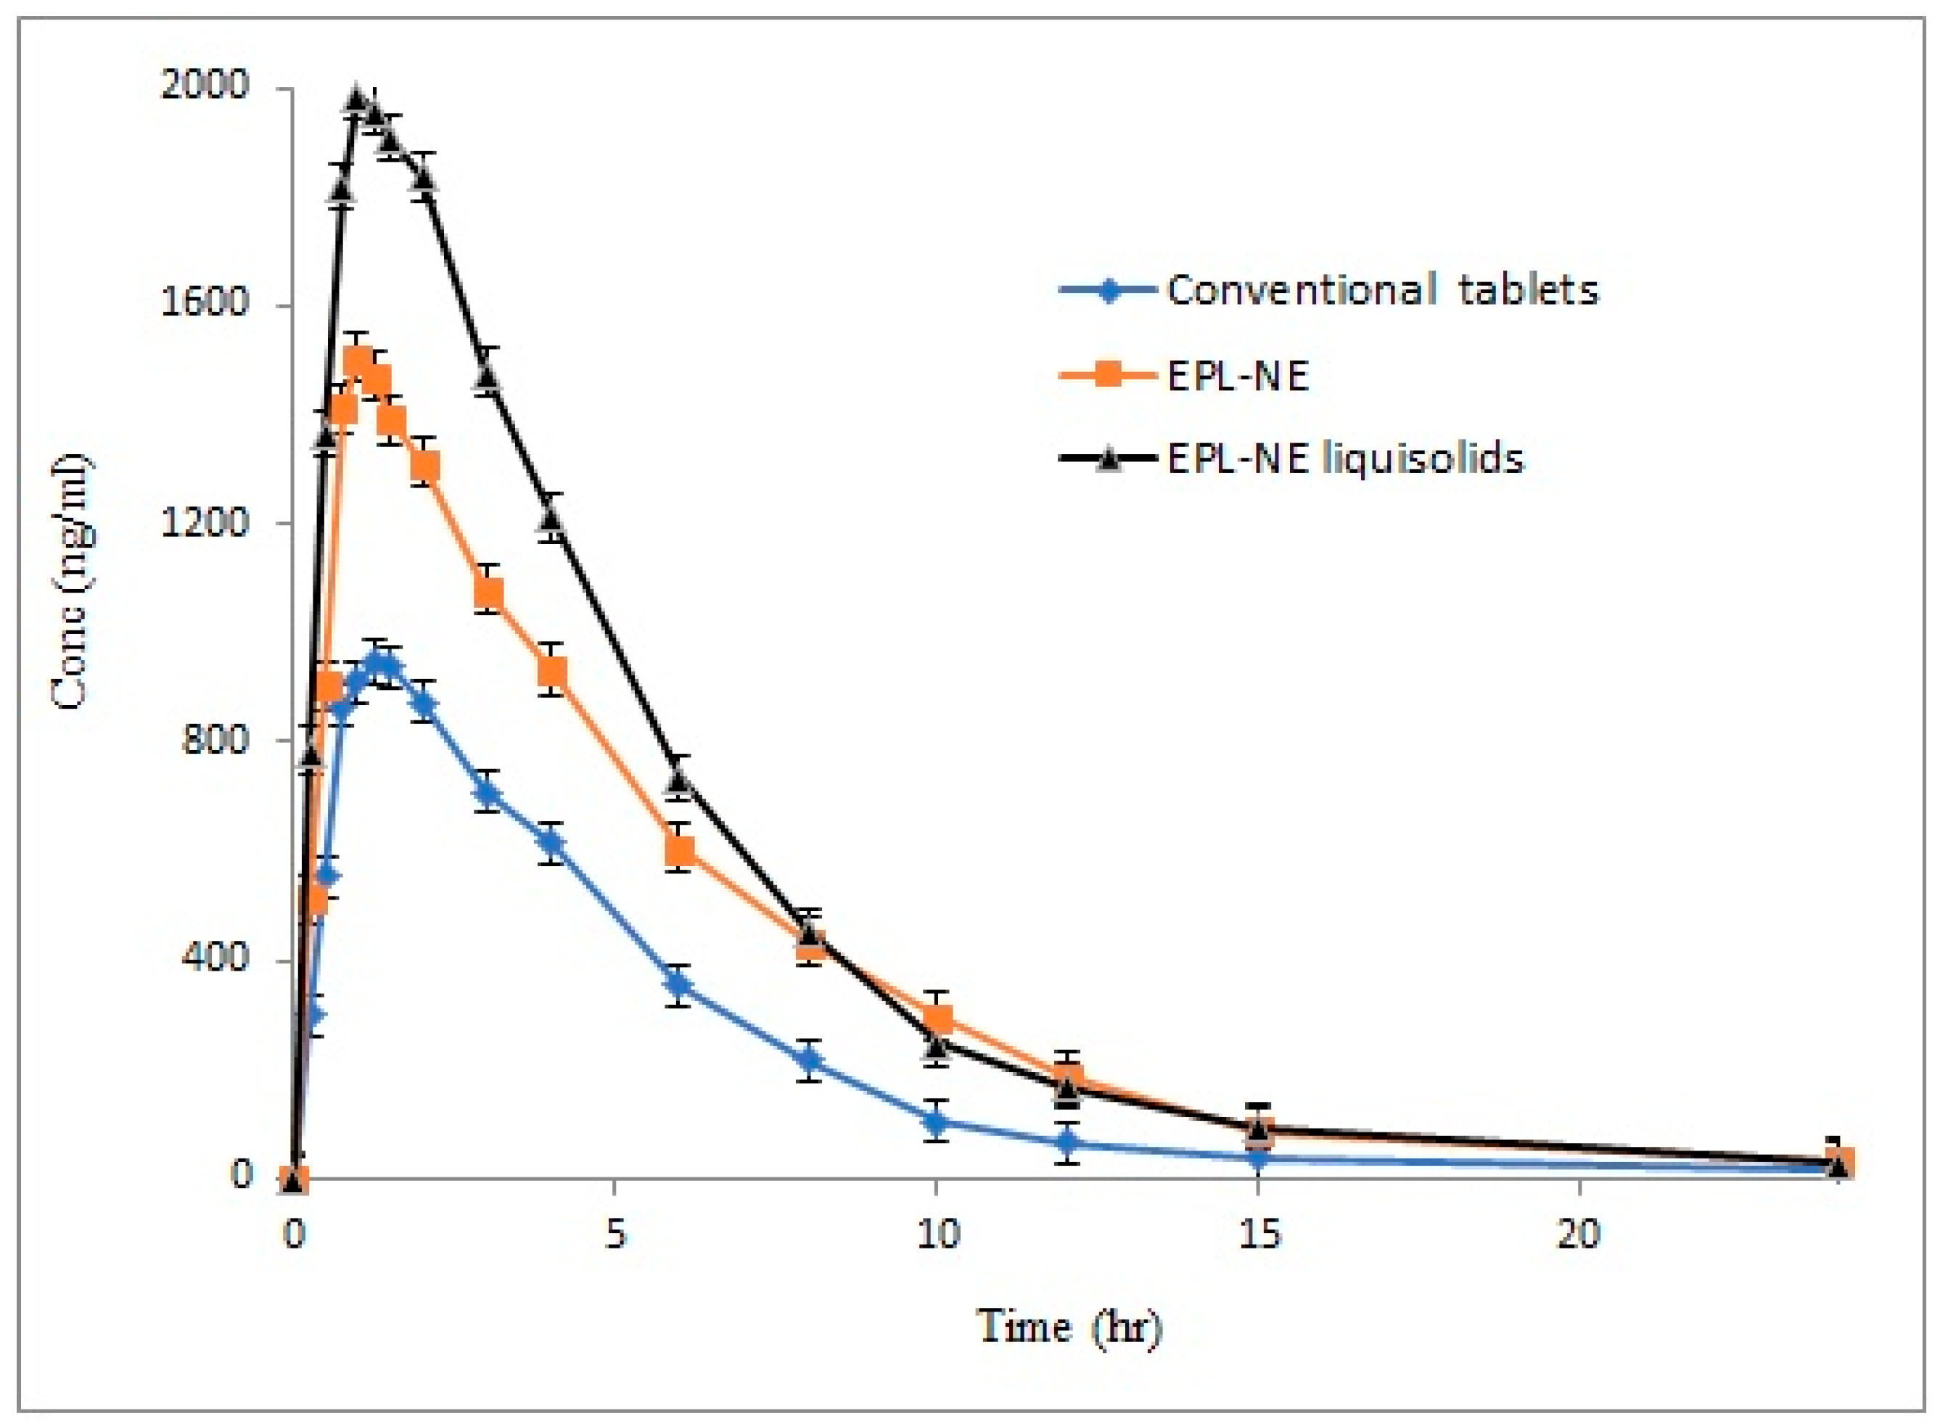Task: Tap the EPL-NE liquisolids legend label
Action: click(1345, 458)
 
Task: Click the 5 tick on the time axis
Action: click(614, 1235)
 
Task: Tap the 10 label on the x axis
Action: click(936, 1235)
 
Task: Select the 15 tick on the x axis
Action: click(1257, 1235)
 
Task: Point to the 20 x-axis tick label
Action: click(1579, 1235)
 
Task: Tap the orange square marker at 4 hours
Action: click(552, 670)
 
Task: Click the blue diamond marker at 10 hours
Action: click(936, 1121)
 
